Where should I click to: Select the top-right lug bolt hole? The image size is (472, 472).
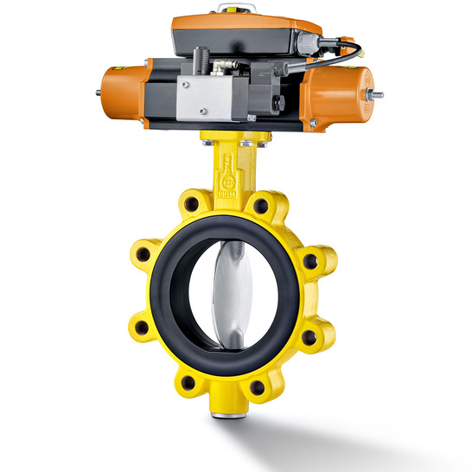pyautogui.click(x=260, y=205)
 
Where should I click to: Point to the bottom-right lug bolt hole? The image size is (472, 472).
pyautogui.click(x=258, y=389)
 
